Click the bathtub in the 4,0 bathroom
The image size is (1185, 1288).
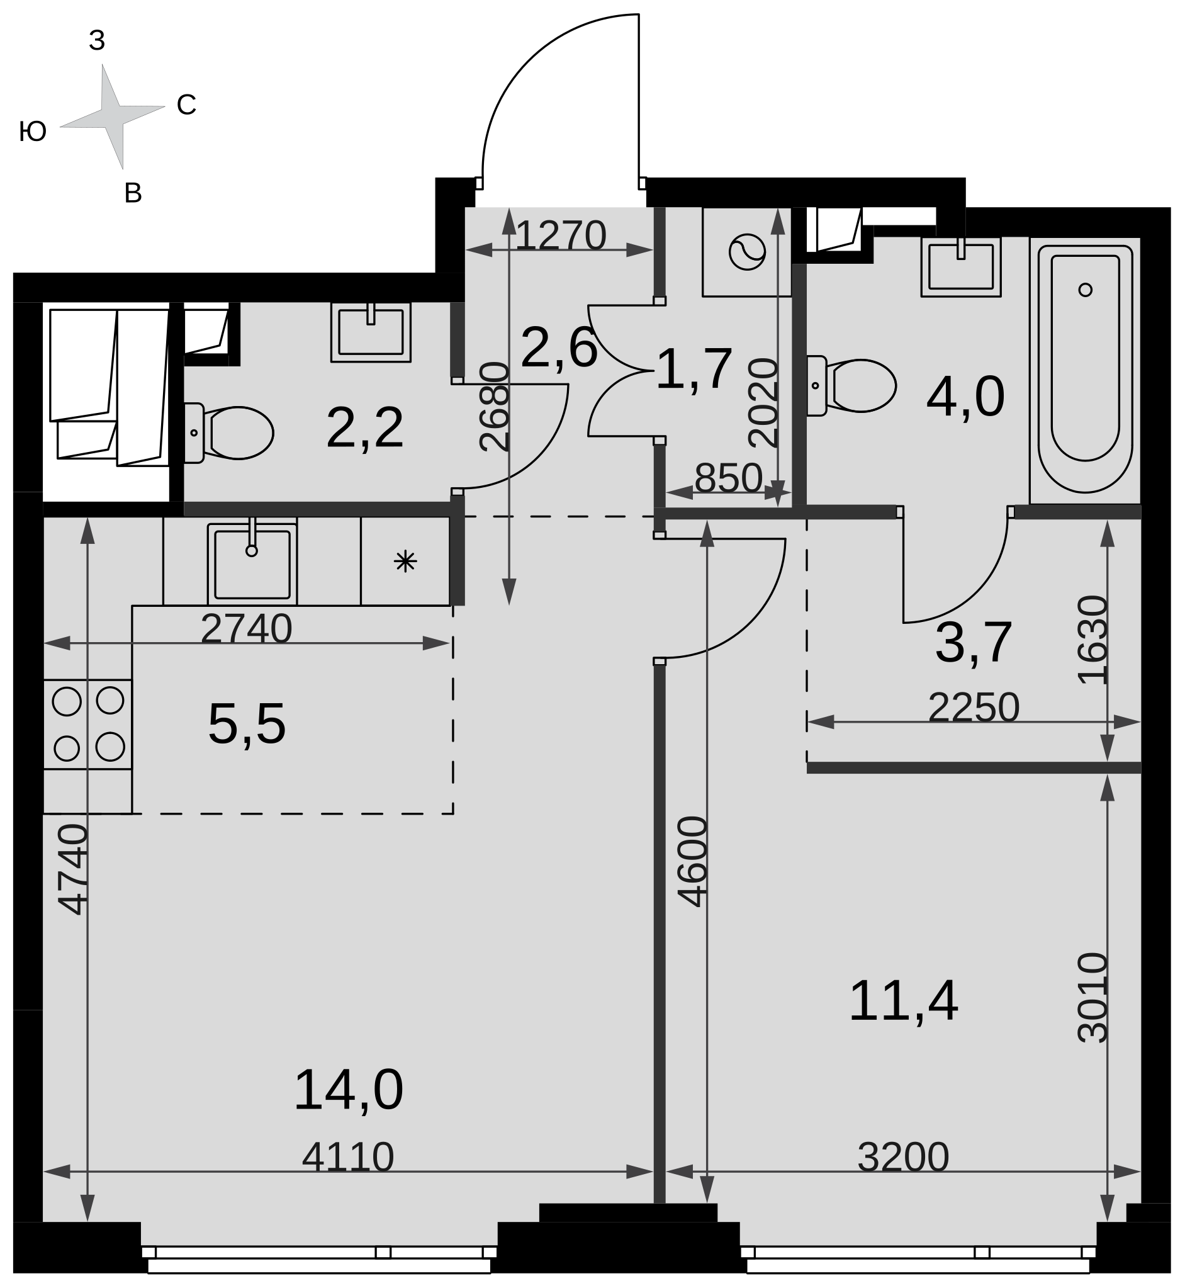coord(1085,370)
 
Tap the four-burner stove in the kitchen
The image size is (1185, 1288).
coord(88,724)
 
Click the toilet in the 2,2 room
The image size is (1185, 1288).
coord(229,433)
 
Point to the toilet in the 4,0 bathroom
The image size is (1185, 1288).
coord(851,385)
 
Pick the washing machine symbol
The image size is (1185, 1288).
coord(747,251)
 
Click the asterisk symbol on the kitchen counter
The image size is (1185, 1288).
coord(405,562)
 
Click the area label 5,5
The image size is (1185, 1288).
coord(247,725)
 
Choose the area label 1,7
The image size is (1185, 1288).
coord(694,369)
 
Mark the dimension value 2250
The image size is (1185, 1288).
coord(974,708)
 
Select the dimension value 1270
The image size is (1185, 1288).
coord(561,235)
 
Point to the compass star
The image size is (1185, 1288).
coord(112,116)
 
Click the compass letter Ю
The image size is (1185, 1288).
coord(33,132)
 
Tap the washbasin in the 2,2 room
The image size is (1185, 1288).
coord(371,332)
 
